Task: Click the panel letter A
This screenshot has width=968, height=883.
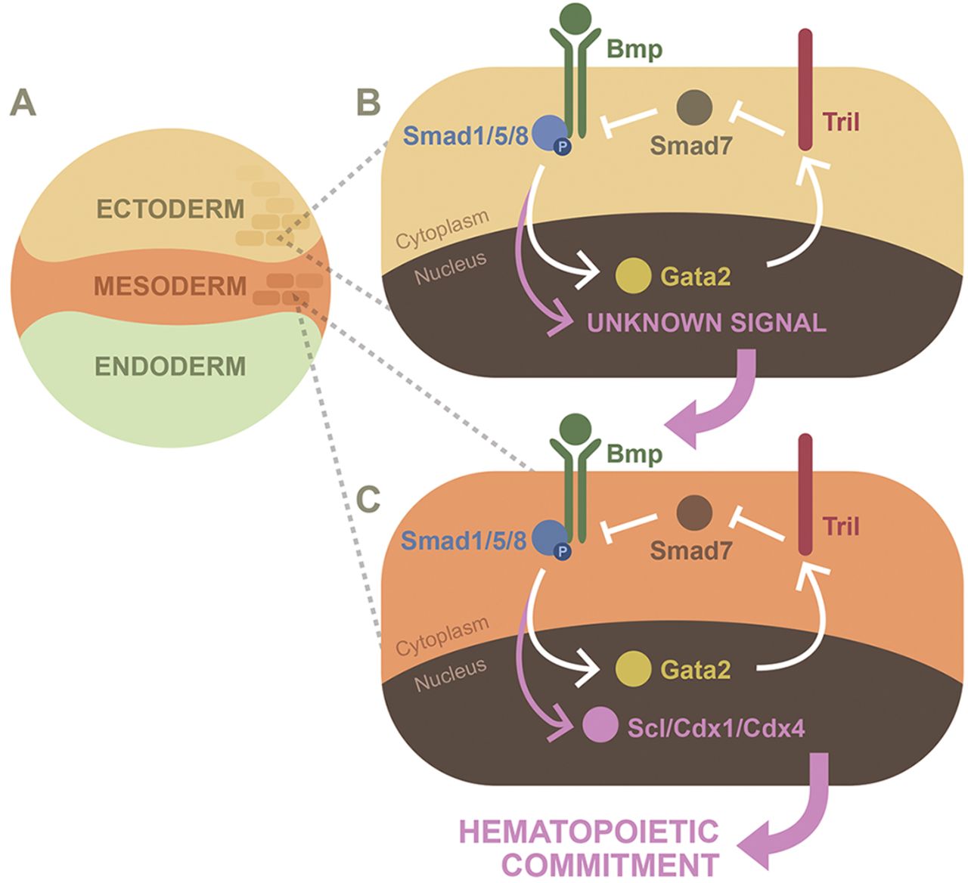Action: [23, 103]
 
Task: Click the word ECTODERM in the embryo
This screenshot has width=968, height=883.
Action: [170, 209]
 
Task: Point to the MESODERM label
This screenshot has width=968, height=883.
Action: [170, 287]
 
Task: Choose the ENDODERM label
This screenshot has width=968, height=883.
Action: [170, 366]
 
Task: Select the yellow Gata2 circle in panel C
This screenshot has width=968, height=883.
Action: [633, 668]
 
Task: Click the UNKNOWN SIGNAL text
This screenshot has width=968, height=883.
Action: [706, 324]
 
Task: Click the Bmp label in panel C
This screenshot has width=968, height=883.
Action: [635, 454]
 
